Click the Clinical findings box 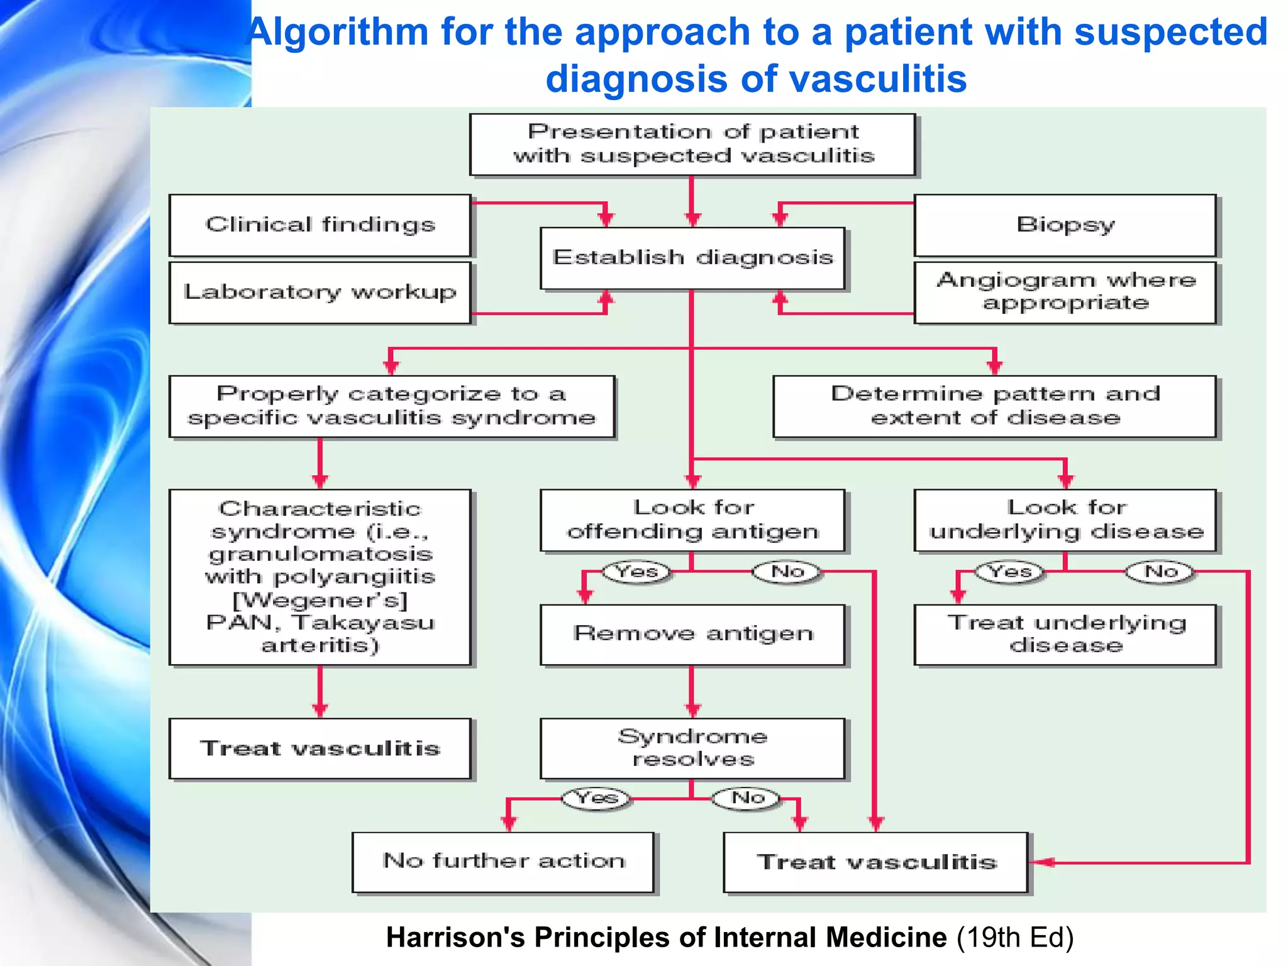pyautogui.click(x=319, y=225)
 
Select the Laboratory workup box pyautogui.click(x=319, y=292)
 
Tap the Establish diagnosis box pyautogui.click(x=692, y=258)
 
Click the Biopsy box pyautogui.click(x=1065, y=225)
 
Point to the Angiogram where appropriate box pyautogui.click(x=1065, y=292)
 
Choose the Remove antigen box pyautogui.click(x=692, y=634)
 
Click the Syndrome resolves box pyautogui.click(x=692, y=748)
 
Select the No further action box pyautogui.click(x=503, y=861)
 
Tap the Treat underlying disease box pyautogui.click(x=1065, y=634)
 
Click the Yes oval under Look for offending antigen pyautogui.click(x=636, y=572)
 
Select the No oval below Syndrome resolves pyautogui.click(x=747, y=798)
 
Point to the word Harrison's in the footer pyautogui.click(x=455, y=937)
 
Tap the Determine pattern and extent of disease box pyautogui.click(x=994, y=406)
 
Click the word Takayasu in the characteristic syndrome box pyautogui.click(x=364, y=623)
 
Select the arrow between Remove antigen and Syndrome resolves pyautogui.click(x=692, y=692)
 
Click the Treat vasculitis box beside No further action pyautogui.click(x=876, y=862)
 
